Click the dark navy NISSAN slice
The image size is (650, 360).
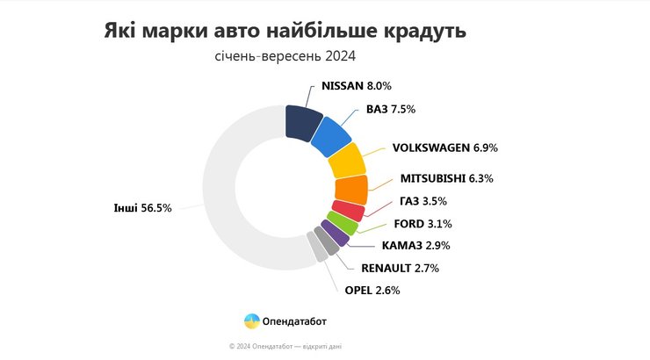[x=303, y=121]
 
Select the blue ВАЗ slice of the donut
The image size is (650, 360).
[x=330, y=137]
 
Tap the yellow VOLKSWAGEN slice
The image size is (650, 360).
[x=346, y=162]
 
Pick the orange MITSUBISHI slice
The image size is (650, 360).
[x=351, y=189]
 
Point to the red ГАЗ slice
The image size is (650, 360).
[x=349, y=211]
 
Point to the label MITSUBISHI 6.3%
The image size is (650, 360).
[x=446, y=178]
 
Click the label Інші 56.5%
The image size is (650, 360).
[x=142, y=208]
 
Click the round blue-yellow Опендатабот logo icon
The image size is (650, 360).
[x=251, y=321]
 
